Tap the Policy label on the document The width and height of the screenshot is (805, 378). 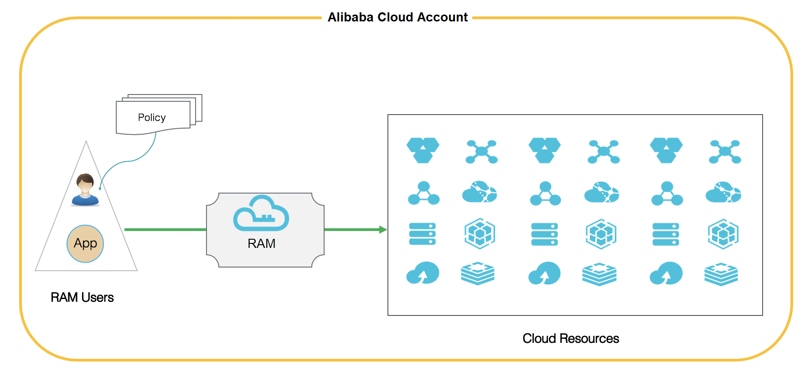click(152, 117)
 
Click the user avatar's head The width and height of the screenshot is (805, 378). click(85, 183)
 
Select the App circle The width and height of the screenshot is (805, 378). click(85, 243)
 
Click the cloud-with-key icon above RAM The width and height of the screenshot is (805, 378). click(261, 213)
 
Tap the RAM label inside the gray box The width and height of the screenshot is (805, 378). click(261, 243)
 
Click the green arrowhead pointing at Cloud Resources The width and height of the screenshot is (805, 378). click(383, 230)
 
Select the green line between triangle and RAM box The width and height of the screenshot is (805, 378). click(165, 230)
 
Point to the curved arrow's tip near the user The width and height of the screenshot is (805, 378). click(100, 189)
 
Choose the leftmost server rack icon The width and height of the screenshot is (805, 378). click(423, 234)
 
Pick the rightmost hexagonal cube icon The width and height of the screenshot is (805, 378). click(723, 234)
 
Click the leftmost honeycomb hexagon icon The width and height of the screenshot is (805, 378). click(423, 150)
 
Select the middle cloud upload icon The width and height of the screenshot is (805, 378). click(544, 273)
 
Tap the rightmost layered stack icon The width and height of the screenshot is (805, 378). click(721, 274)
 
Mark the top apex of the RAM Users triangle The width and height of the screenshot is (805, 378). click(86, 141)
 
